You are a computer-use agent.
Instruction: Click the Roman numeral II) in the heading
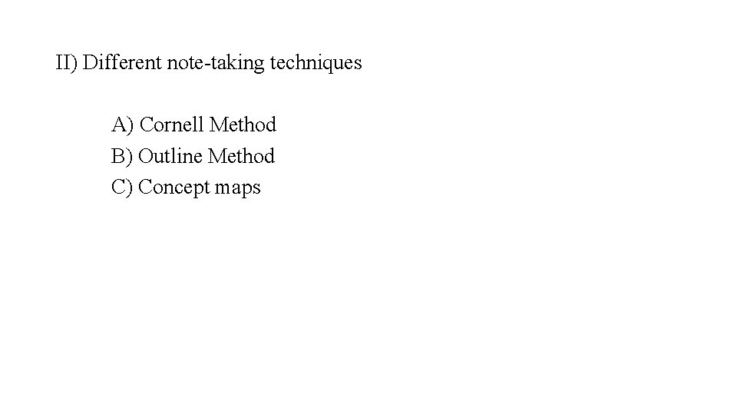[x=67, y=62]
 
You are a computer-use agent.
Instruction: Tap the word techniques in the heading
[x=316, y=63]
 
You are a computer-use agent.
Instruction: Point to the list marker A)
[x=123, y=124]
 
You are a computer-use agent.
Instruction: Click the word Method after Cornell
[x=243, y=124]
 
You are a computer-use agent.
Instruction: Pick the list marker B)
[x=122, y=156]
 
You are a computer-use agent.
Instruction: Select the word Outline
[x=171, y=156]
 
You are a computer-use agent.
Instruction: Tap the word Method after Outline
[x=241, y=156]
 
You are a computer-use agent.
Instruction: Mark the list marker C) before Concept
[x=122, y=188]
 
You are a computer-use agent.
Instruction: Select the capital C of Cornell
[x=147, y=124]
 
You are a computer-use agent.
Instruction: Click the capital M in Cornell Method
[x=218, y=124]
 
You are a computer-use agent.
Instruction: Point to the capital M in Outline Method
[x=216, y=156]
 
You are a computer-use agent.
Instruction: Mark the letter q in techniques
[x=335, y=65]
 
